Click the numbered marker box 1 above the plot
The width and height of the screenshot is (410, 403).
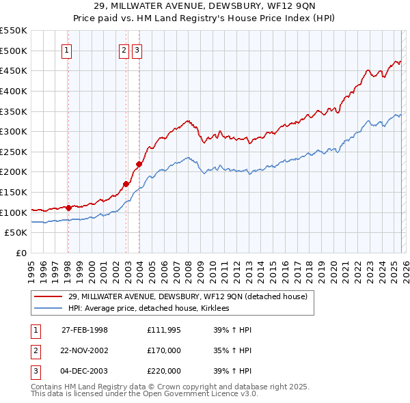pyautogui.click(x=68, y=49)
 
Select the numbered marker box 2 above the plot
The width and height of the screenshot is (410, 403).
pyautogui.click(x=124, y=49)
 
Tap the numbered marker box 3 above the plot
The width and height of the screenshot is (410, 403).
pyautogui.click(x=137, y=49)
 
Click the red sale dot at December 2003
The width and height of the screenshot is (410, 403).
pyautogui.click(x=139, y=164)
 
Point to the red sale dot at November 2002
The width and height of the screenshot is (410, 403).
pyautogui.click(x=126, y=184)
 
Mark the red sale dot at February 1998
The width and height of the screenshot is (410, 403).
pyautogui.click(x=68, y=207)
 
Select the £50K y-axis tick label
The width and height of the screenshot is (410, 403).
pyautogui.click(x=16, y=233)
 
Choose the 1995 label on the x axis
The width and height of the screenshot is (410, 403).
pyautogui.click(x=31, y=266)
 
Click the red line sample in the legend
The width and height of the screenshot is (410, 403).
pyautogui.click(x=49, y=296)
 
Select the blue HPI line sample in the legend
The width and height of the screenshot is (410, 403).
pyautogui.click(x=49, y=309)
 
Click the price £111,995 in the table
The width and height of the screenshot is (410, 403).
pyautogui.click(x=164, y=330)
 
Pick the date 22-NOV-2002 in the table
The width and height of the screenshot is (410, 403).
pyautogui.click(x=85, y=350)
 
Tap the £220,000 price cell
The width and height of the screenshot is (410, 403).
pyautogui.click(x=164, y=371)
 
